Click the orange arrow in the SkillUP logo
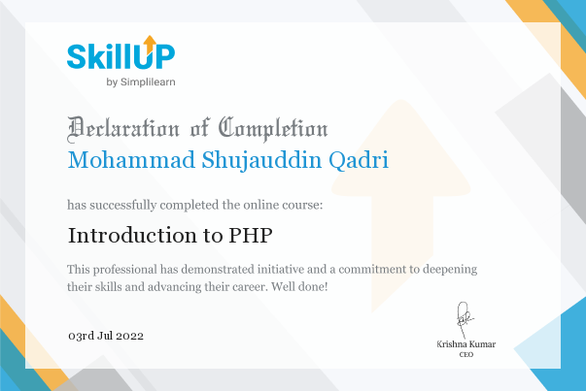[x=150, y=44]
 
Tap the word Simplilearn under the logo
[x=148, y=82]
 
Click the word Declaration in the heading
[x=123, y=129]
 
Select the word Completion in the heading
[x=273, y=129]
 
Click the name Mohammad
[x=131, y=160]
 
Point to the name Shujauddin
[x=261, y=161]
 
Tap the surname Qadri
[x=359, y=161]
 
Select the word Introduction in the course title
[x=132, y=236]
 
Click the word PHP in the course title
[x=251, y=236]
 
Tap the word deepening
[x=450, y=270]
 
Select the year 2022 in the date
[x=129, y=336]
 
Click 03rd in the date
[x=81, y=336]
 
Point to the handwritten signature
[x=465, y=320]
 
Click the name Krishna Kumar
[x=466, y=344]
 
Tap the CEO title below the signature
[x=466, y=354]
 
